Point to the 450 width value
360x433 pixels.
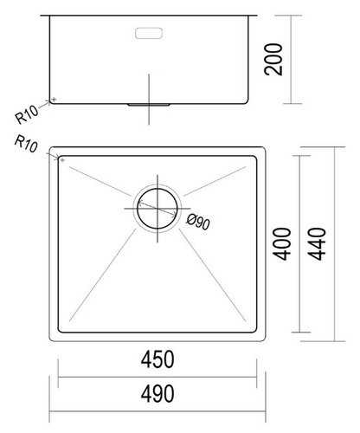(158, 359)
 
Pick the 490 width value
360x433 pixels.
(158, 393)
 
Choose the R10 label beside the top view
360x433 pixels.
(26, 145)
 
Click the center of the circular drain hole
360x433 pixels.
(157, 207)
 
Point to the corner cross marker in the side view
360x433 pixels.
(54, 100)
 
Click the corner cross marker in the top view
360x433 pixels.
(61, 158)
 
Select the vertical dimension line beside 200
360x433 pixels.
(289, 57)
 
